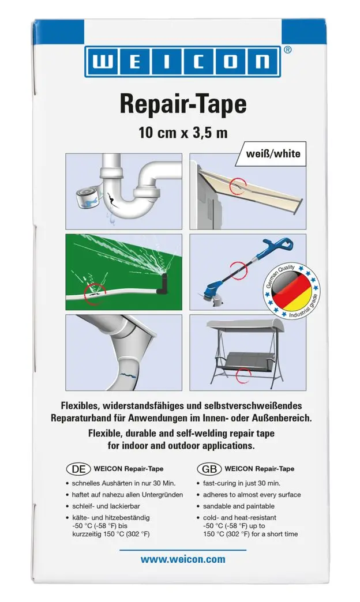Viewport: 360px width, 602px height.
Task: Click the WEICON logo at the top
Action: click(x=179, y=62)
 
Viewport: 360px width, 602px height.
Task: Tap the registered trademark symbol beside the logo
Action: click(x=288, y=50)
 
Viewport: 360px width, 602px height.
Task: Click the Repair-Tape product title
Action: click(x=183, y=104)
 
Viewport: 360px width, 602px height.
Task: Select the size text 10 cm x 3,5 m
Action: click(x=183, y=133)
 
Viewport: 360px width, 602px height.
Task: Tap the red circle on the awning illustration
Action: click(x=237, y=186)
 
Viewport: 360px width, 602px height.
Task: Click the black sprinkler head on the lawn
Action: click(x=163, y=280)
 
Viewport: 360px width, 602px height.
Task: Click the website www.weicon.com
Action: click(x=183, y=559)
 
